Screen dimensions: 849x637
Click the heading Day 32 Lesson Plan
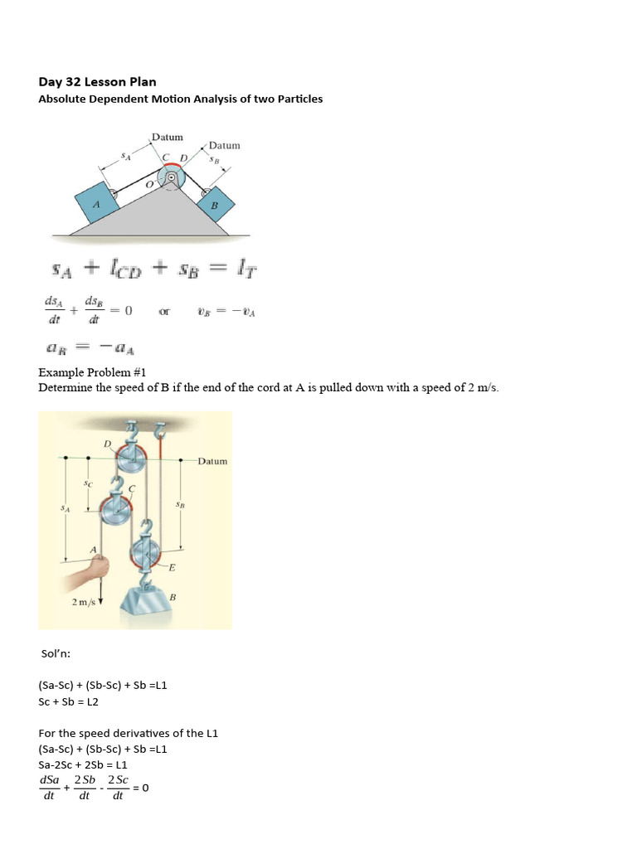tap(97, 81)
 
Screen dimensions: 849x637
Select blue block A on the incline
tap(97, 205)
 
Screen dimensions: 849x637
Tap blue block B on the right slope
tap(215, 204)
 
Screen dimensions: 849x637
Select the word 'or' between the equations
tap(164, 312)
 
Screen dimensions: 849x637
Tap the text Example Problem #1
tap(90, 373)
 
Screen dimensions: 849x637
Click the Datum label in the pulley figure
tap(212, 461)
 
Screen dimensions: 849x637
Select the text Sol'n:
tap(56, 653)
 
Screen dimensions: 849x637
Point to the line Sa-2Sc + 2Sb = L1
tap(83, 764)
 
